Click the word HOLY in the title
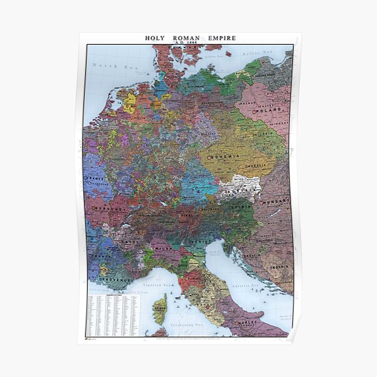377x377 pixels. tap(155, 38)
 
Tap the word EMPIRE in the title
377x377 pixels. tap(219, 38)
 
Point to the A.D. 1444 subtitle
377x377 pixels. tap(188, 43)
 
